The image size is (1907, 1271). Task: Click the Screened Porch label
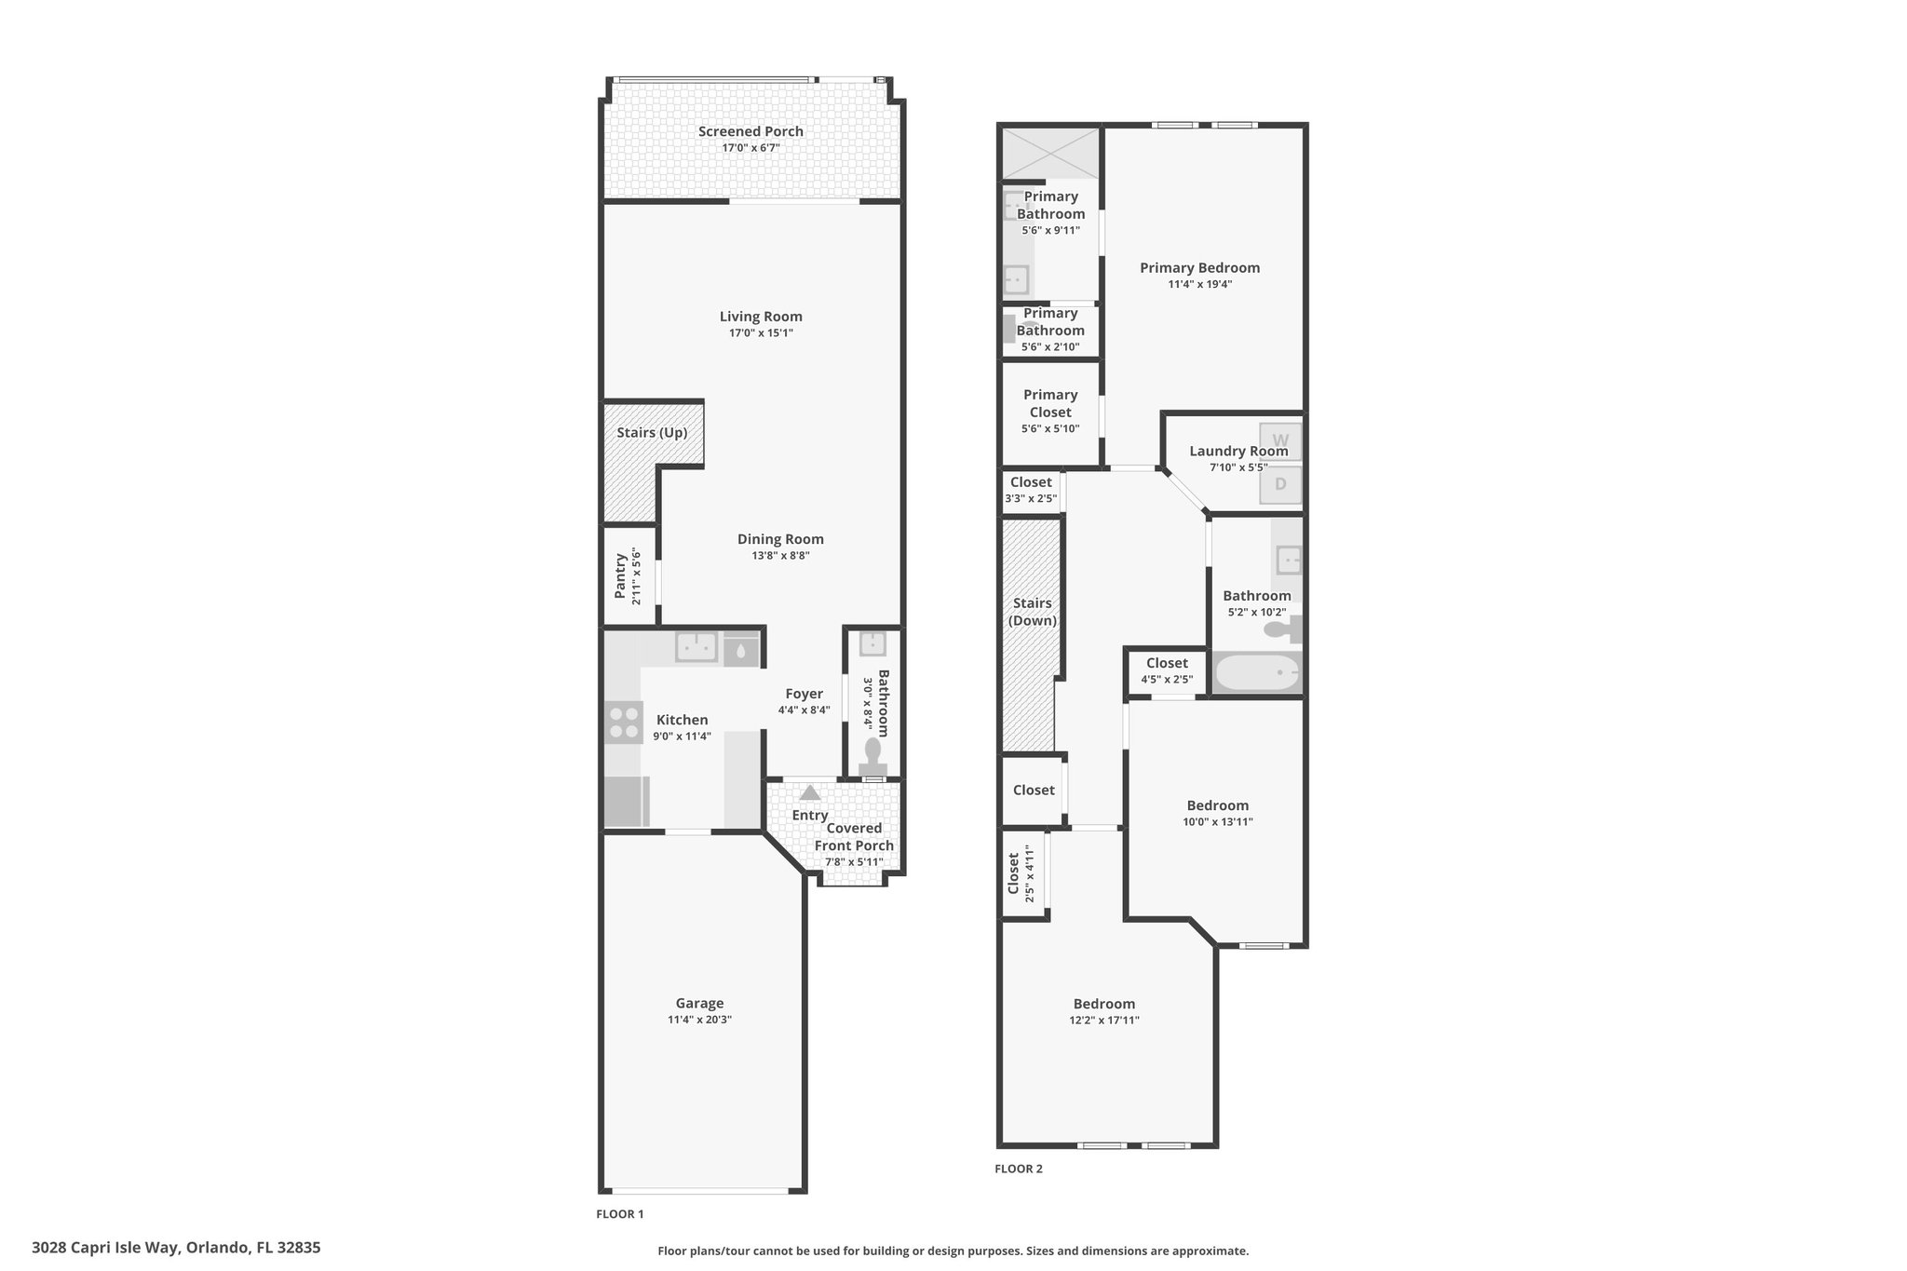click(x=751, y=131)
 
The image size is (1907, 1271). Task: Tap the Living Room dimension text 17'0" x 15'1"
click(x=761, y=332)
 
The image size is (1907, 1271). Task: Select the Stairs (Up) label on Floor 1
click(x=652, y=433)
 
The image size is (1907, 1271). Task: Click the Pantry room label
click(x=620, y=577)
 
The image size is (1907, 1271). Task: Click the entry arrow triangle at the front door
click(x=810, y=792)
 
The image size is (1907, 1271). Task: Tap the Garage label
click(x=699, y=1003)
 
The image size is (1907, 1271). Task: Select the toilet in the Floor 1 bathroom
click(x=872, y=755)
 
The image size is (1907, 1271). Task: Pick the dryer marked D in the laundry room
click(x=1280, y=484)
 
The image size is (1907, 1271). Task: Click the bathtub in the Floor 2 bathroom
click(x=1257, y=672)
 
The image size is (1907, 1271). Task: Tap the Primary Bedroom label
click(x=1199, y=268)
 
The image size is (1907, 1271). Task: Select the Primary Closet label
click(x=1050, y=403)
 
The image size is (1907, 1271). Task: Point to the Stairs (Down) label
click(x=1033, y=612)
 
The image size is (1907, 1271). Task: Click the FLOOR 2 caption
click(x=1019, y=1169)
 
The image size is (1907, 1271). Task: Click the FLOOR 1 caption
click(x=620, y=1214)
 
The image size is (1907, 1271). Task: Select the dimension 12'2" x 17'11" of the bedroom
click(x=1104, y=1020)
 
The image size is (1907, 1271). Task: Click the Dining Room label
click(x=780, y=539)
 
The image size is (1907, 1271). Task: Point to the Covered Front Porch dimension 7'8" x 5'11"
click(x=854, y=862)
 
